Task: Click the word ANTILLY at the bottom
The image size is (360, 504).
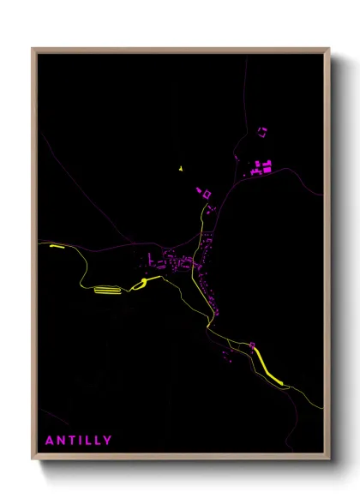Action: (78, 441)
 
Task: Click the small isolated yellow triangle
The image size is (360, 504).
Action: (182, 169)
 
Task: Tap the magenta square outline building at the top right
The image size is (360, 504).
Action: (262, 130)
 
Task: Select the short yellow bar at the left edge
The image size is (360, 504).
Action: (57, 246)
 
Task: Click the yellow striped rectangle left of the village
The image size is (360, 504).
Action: (107, 290)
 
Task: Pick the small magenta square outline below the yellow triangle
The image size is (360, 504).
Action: (206, 194)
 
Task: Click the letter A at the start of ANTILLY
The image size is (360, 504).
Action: (50, 441)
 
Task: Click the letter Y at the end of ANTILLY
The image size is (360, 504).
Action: (107, 441)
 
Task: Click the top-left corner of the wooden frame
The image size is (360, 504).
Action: (33, 50)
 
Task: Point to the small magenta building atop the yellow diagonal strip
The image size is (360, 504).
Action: (253, 345)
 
